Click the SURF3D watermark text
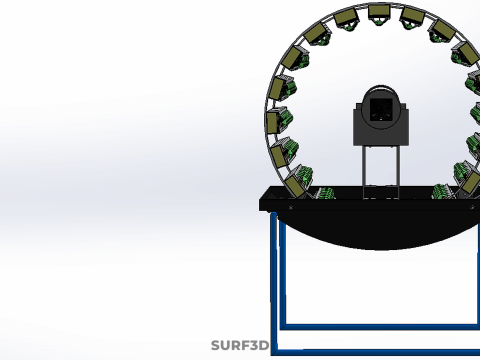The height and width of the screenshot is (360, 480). pyautogui.click(x=240, y=345)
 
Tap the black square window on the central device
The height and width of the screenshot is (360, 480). pyautogui.click(x=381, y=110)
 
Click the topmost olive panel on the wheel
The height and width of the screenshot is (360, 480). pyautogui.click(x=379, y=11)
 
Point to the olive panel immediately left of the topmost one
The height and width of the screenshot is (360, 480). pyautogui.click(x=345, y=17)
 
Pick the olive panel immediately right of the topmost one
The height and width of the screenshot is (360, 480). pyautogui.click(x=413, y=16)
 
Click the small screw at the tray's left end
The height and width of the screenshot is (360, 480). pyautogui.click(x=291, y=207)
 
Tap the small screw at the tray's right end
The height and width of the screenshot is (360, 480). pyautogui.click(x=472, y=207)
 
